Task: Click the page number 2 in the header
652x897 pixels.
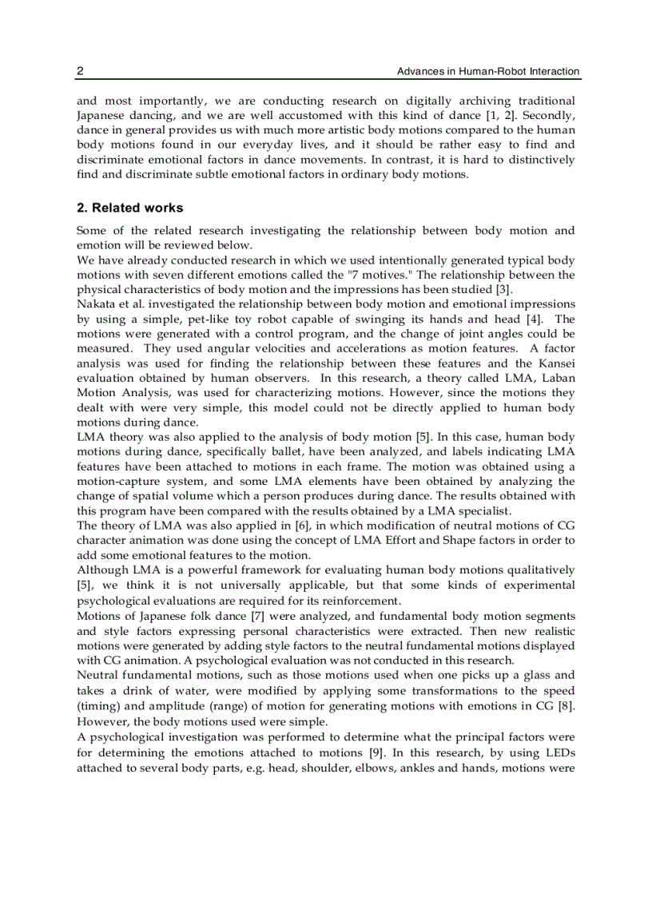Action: coord(80,72)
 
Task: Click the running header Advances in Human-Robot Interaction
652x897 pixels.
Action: coord(488,72)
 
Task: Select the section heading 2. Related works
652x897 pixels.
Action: coord(129,208)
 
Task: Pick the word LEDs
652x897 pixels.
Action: coord(557,752)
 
